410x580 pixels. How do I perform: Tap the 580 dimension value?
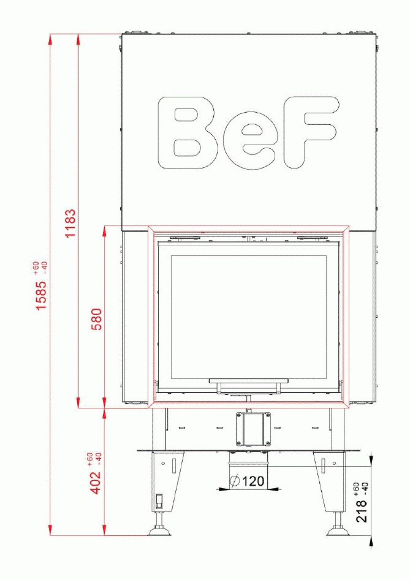[x=96, y=318]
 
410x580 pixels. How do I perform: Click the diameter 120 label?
[x=248, y=481]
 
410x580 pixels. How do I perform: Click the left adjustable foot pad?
[x=161, y=532]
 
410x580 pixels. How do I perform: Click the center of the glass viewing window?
[x=248, y=317]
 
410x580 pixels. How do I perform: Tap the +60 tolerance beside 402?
[x=90, y=458]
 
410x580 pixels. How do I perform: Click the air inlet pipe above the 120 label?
[x=248, y=461]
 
